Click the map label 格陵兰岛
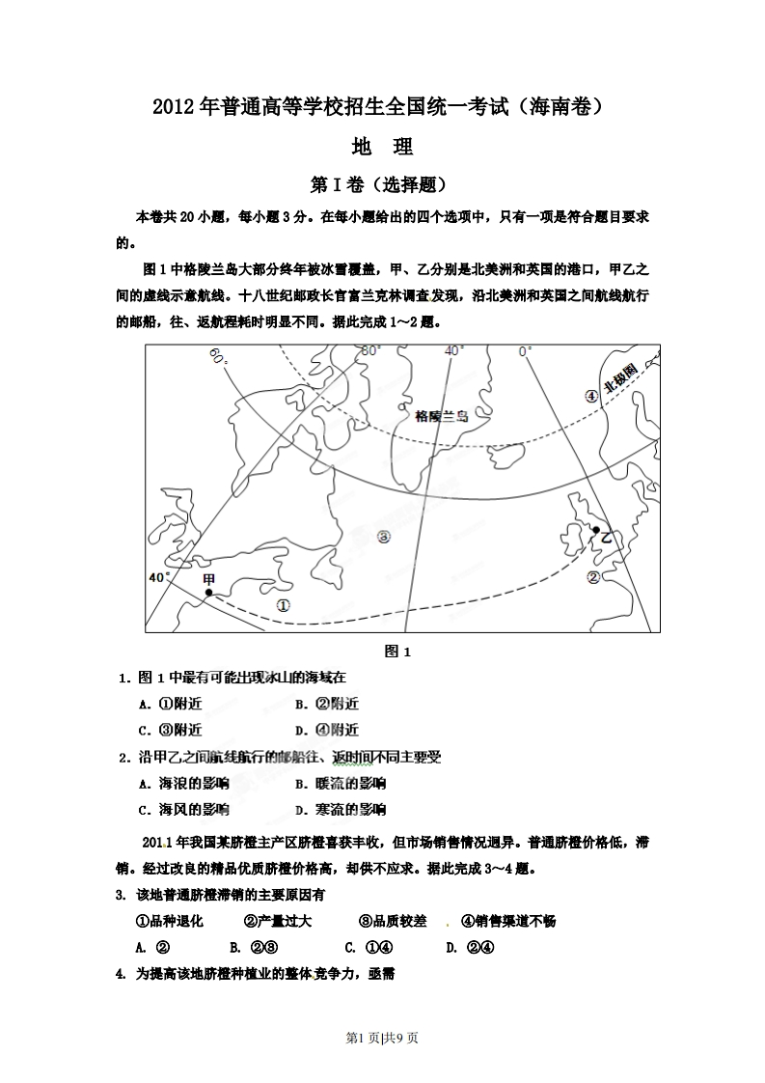pyautogui.click(x=440, y=416)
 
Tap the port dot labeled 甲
pyautogui.click(x=208, y=594)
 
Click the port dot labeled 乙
pyautogui.click(x=596, y=530)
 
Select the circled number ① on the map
pyautogui.click(x=283, y=606)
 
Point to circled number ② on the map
pyautogui.click(x=593, y=577)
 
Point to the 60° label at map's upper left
pyautogui.click(x=218, y=358)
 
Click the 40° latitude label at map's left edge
pyautogui.click(x=158, y=577)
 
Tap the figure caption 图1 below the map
pyautogui.click(x=397, y=652)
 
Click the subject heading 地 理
pyautogui.click(x=383, y=148)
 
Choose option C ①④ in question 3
pyautogui.click(x=368, y=947)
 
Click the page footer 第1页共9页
pyautogui.click(x=383, y=1038)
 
